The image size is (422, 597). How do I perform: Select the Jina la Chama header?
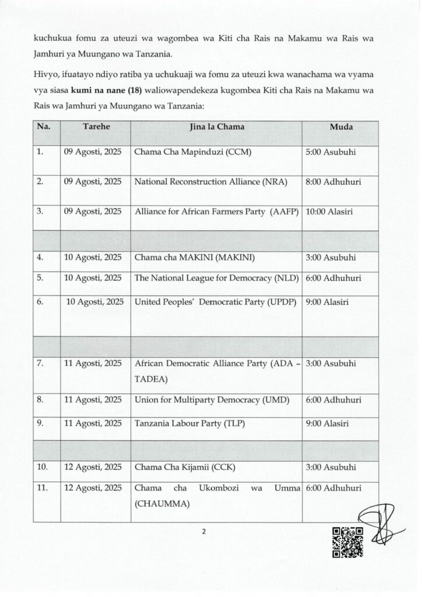tap(217, 127)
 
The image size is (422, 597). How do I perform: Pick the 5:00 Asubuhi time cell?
tap(330, 153)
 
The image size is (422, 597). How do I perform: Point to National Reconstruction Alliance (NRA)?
tap(211, 182)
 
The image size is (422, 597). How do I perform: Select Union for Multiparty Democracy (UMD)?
tap(214, 401)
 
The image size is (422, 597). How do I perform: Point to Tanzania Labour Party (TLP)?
tap(187, 423)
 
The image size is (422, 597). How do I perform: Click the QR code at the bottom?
tap(347, 543)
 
